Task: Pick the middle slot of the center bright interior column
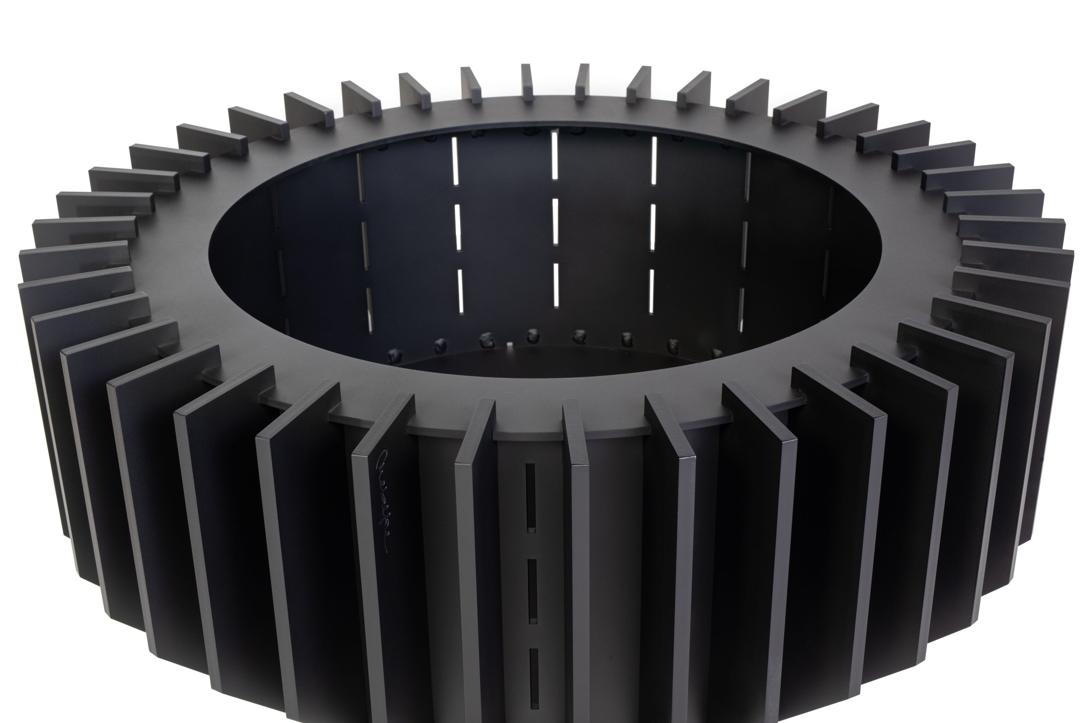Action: click(x=555, y=221)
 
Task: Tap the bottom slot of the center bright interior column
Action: click(x=556, y=284)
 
